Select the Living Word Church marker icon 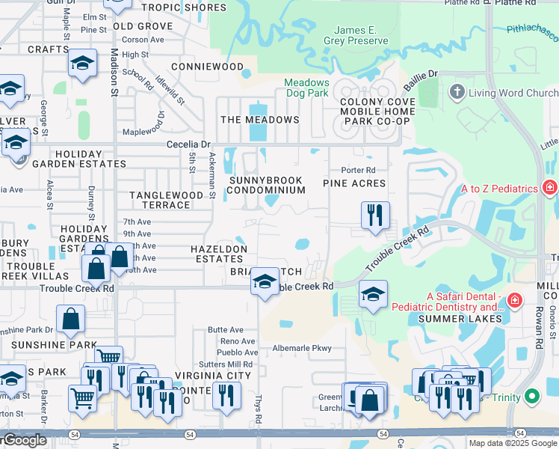pyautogui.click(x=457, y=92)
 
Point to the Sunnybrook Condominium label pyautogui.click(x=267, y=185)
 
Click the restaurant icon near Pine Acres pyautogui.click(x=375, y=215)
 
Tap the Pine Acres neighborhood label pyautogui.click(x=354, y=183)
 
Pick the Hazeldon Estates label pyautogui.click(x=218, y=253)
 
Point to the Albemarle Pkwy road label pyautogui.click(x=301, y=348)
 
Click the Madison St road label pyautogui.click(x=114, y=73)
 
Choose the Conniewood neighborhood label pyautogui.click(x=208, y=67)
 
